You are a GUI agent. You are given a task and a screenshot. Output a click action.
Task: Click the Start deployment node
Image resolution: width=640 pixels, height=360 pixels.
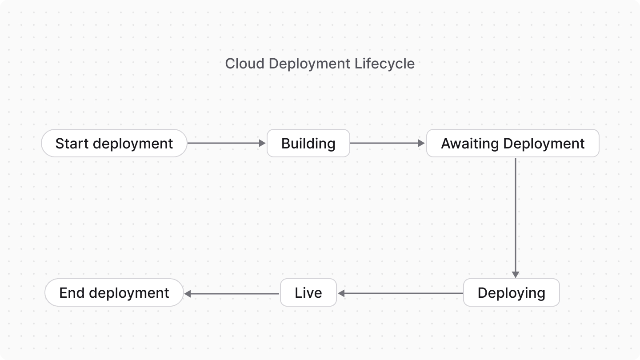coord(114,143)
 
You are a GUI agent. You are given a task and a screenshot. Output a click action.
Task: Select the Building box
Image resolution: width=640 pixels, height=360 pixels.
coord(308,143)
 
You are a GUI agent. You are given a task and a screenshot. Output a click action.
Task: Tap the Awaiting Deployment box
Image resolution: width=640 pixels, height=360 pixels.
coord(512,143)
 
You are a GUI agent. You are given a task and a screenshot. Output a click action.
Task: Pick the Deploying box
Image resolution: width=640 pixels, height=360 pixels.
coord(511,292)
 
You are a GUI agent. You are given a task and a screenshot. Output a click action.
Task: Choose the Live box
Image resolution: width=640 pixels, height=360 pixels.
coord(308,292)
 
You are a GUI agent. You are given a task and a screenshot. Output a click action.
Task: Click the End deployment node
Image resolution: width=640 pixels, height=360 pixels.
coord(114,292)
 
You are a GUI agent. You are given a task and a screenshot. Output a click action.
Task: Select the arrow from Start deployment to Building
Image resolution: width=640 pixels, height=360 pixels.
coord(224,143)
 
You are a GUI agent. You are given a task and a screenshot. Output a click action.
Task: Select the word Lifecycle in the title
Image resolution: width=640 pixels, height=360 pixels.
coord(384,64)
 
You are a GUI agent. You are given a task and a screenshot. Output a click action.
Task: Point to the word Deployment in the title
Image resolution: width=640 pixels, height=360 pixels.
coord(310,64)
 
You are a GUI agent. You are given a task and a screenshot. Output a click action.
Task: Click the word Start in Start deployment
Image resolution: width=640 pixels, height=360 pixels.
coord(72,143)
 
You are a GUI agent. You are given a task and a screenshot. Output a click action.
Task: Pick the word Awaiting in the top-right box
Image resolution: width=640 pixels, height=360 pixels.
coord(470,143)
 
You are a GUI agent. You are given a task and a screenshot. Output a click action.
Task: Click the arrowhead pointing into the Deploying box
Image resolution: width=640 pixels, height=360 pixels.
coord(516,275)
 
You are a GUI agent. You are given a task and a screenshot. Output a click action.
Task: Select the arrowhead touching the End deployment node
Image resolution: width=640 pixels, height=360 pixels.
coord(188,293)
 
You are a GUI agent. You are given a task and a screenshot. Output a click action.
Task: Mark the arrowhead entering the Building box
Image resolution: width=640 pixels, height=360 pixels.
coord(262,143)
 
